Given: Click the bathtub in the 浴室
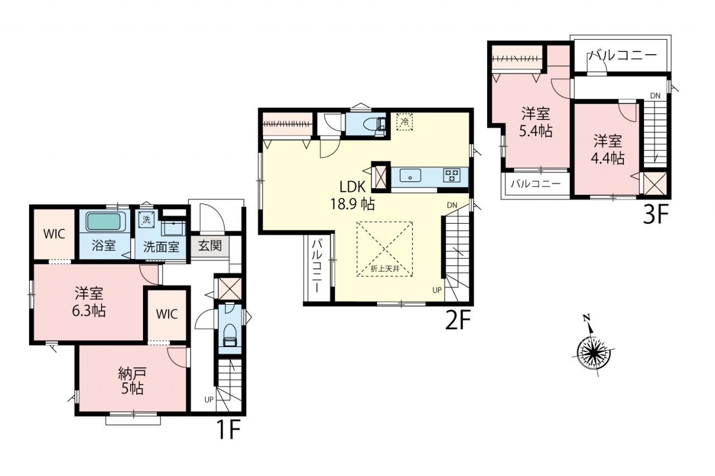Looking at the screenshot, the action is pos(106,223).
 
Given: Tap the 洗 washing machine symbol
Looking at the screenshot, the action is pos(146,219).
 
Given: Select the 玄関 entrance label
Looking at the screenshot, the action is pos(209,246).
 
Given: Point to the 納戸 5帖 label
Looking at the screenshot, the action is pos(132,381).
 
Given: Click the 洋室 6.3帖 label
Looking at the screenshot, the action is pos(89,302).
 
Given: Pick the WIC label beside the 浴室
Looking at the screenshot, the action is pos(54,234).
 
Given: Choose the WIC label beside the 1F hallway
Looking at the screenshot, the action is pos(167,314).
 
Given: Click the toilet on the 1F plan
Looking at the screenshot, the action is pos(230,334).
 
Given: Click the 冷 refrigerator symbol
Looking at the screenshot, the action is pos(404,122).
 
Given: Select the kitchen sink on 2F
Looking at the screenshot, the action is pos(410,176).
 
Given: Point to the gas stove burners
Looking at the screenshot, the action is pos(452,175).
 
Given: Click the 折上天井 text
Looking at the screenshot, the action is pos(385,268).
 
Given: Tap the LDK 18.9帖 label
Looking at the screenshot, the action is pos(352,195).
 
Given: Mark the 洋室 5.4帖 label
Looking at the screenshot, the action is pos(536,122).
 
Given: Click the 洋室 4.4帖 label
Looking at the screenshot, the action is pos(608,150).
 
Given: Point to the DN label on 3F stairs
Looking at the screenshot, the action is pos(655,95).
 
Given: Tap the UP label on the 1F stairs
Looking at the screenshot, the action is pos(209,400).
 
